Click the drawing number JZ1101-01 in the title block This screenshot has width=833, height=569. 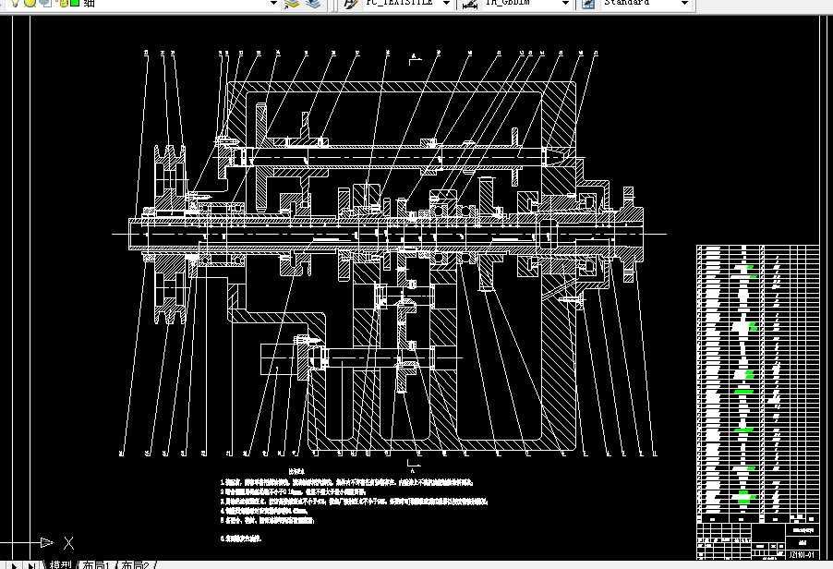tap(800, 555)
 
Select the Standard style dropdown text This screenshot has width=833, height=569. tap(628, 3)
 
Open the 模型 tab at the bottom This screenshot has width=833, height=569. tap(60, 563)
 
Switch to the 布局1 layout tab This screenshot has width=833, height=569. tap(97, 563)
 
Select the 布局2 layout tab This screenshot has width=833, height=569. tap(136, 563)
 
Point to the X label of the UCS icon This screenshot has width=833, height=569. tap(67, 543)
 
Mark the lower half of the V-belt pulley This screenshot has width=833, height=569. tap(169, 296)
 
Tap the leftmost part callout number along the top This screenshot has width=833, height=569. tap(147, 54)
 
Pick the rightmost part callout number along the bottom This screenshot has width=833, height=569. tap(654, 453)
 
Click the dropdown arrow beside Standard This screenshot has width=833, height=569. tap(684, 3)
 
